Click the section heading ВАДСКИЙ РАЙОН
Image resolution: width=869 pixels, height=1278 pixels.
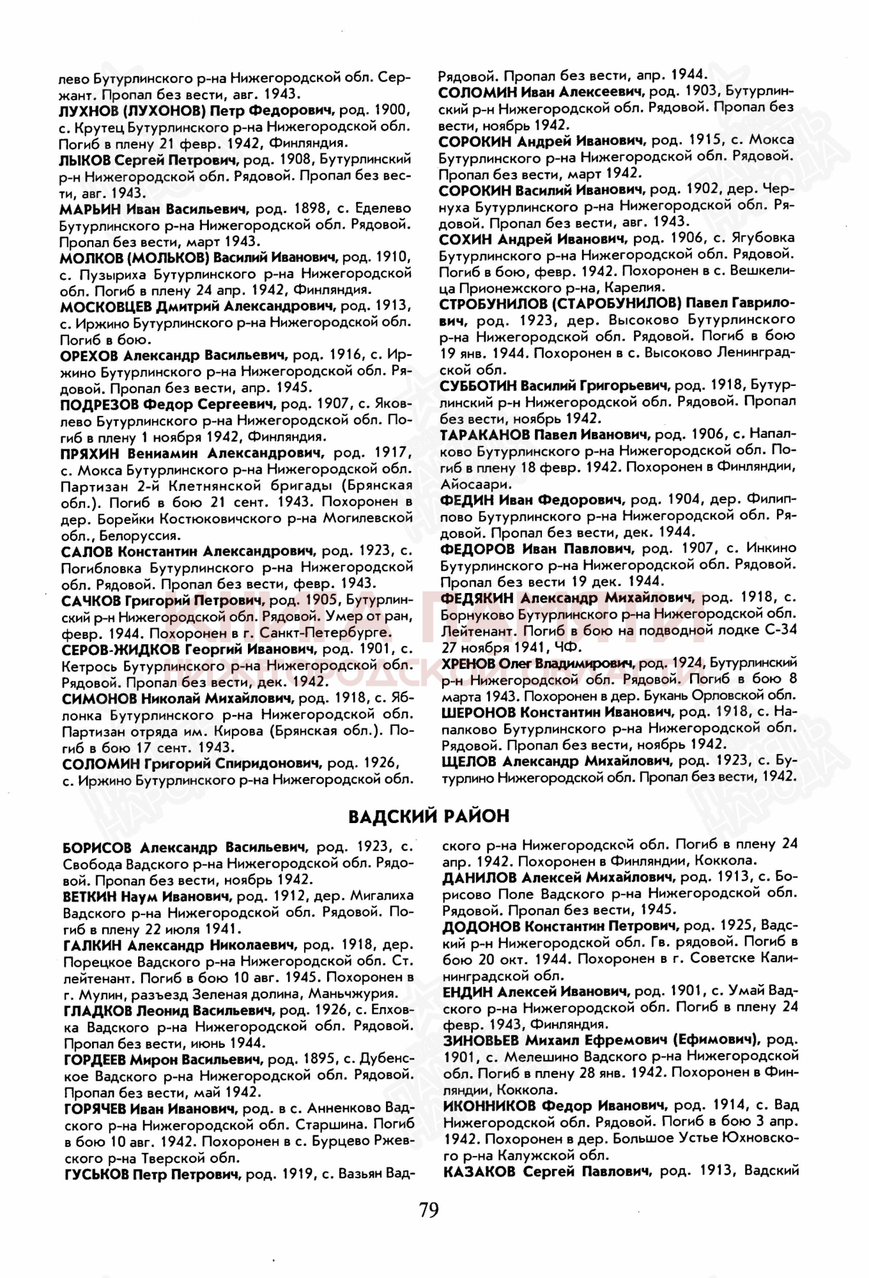tap(429, 816)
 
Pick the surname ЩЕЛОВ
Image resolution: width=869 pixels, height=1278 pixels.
tap(468, 761)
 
